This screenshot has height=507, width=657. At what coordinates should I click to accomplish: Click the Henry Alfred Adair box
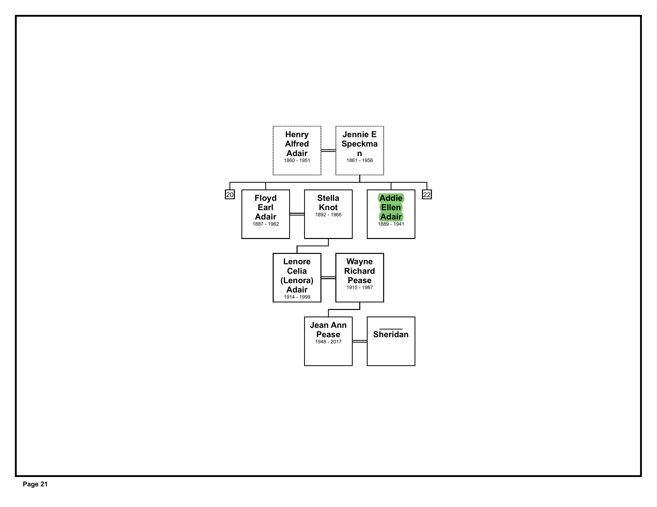coord(297,151)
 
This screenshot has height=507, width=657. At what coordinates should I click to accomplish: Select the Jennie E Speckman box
coord(359,151)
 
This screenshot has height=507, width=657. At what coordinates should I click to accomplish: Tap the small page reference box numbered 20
coord(230,195)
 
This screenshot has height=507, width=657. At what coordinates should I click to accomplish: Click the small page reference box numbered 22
coord(427,195)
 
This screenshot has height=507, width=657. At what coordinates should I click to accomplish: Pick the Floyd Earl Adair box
coord(266,214)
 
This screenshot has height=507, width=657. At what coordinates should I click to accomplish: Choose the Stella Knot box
coord(328,214)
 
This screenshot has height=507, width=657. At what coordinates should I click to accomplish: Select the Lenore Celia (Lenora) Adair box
coord(297,278)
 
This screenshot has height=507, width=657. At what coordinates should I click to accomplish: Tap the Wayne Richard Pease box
coord(359,278)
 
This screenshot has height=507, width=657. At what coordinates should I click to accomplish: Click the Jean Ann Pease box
coord(328,341)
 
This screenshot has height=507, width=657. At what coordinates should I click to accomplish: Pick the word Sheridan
coord(391,334)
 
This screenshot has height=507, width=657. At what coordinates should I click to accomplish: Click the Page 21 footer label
coord(35,484)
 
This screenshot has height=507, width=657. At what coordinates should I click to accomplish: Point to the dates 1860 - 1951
coord(297,160)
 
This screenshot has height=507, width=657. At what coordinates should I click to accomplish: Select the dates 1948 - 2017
coord(328,342)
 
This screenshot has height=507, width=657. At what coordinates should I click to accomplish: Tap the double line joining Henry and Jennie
coord(328,151)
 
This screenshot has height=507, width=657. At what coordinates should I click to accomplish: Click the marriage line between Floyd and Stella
coord(297,214)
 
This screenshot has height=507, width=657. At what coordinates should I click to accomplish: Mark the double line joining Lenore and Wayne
coord(328,278)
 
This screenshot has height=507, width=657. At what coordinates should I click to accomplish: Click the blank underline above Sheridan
coord(391,329)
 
